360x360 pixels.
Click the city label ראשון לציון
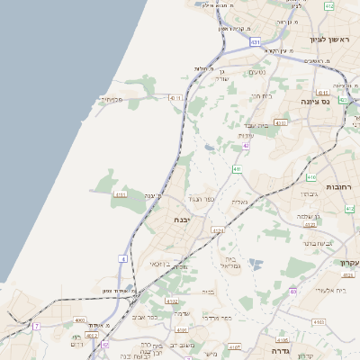328,39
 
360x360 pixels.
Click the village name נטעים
256,72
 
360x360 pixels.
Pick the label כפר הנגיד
199,198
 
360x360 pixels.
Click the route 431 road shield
256,41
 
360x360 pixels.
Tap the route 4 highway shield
122,259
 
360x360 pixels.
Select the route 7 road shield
37,326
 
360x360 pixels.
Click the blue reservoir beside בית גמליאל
256,264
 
